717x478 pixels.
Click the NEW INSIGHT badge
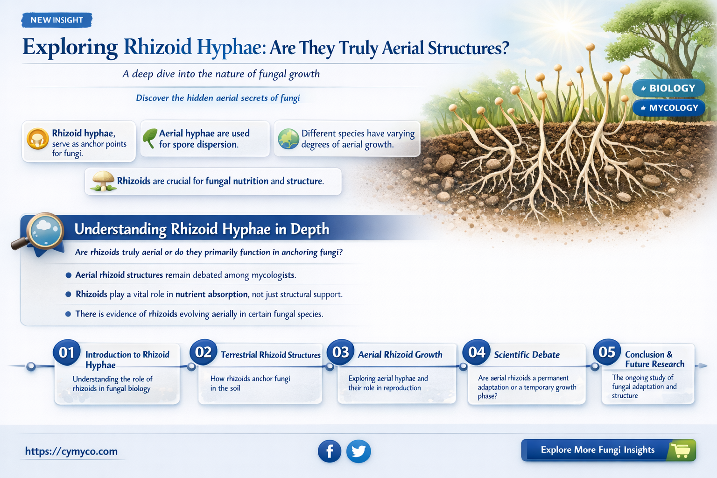tap(56, 20)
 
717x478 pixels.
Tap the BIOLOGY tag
tap(668, 88)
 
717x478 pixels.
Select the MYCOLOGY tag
tap(669, 108)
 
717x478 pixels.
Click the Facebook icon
tap(330, 451)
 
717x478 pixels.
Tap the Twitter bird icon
tap(358, 451)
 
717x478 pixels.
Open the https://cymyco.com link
tap(71, 451)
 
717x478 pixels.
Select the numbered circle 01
tap(67, 352)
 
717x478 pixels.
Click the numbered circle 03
tap(341, 352)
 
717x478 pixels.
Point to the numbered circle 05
tap(607, 352)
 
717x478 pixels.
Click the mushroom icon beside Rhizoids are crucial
tap(103, 181)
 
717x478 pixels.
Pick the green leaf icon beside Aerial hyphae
tap(150, 139)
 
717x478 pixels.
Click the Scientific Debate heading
tap(527, 355)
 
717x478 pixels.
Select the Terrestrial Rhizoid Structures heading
tap(271, 355)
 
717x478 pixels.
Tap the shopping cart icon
tap(681, 450)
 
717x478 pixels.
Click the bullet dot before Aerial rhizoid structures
tap(69, 275)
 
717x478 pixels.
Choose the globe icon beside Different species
tap(288, 139)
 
